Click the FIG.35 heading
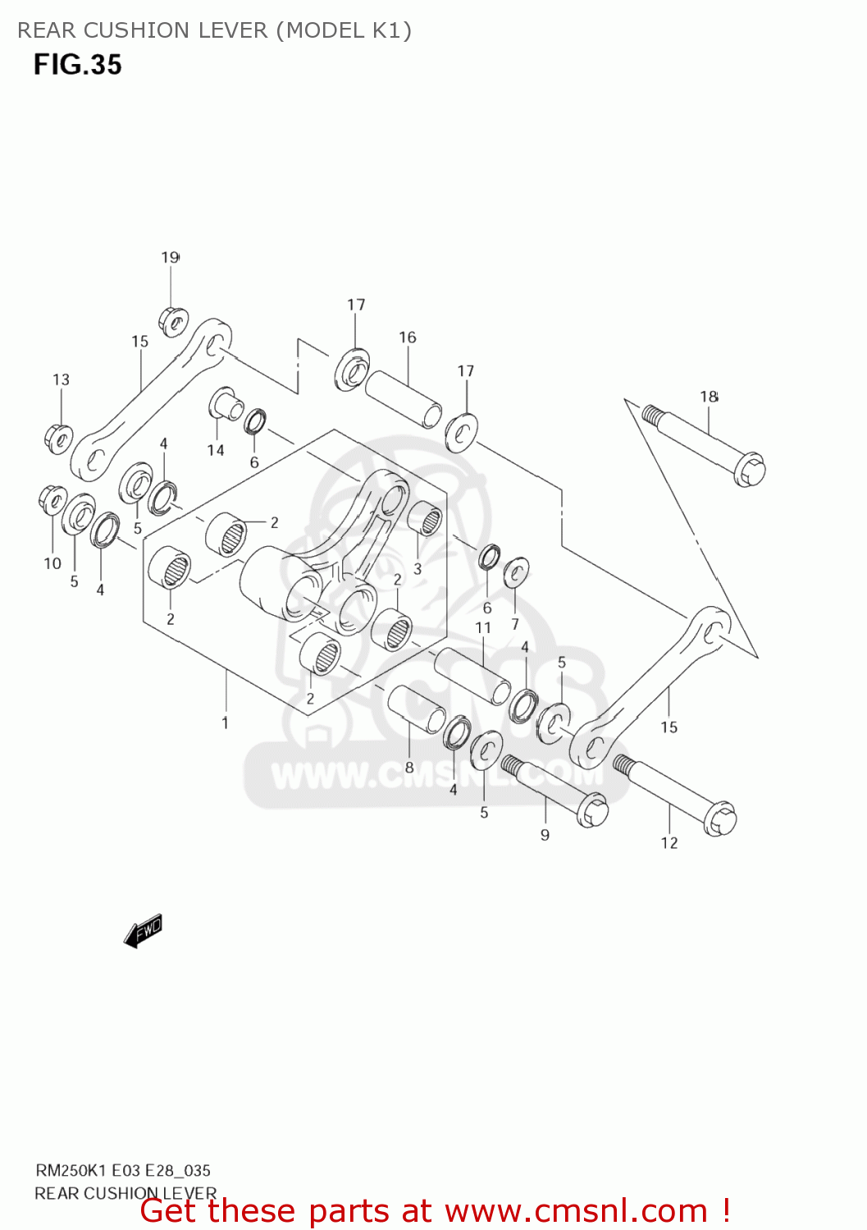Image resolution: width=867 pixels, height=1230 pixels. pyautogui.click(x=77, y=65)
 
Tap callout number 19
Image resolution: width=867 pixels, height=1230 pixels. pyautogui.click(x=170, y=257)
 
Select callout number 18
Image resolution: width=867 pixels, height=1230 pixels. pyautogui.click(x=709, y=397)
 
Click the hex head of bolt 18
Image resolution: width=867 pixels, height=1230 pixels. pyautogui.click(x=750, y=471)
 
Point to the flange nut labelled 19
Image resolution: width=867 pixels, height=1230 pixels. pyautogui.click(x=173, y=321)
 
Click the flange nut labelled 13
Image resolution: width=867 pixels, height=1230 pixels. pyautogui.click(x=58, y=439)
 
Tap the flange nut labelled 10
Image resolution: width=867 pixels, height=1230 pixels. pyautogui.click(x=52, y=499)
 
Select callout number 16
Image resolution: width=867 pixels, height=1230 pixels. pyautogui.click(x=408, y=337)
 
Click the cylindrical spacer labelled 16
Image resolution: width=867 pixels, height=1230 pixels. pyautogui.click(x=403, y=399)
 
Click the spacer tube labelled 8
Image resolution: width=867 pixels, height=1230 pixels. pyautogui.click(x=417, y=708)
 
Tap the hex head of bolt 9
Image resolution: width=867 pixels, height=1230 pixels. pyautogui.click(x=592, y=812)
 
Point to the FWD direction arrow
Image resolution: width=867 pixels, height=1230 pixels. pyautogui.click(x=144, y=931)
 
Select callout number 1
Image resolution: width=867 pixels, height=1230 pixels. pyautogui.click(x=225, y=722)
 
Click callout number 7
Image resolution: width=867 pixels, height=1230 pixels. pyautogui.click(x=515, y=624)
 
